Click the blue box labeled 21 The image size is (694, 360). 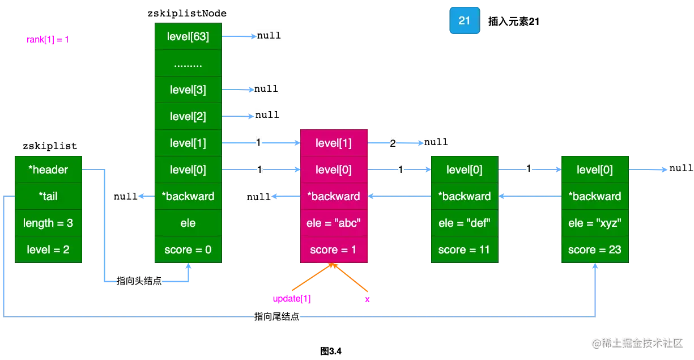464,21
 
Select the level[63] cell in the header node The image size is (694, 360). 188,37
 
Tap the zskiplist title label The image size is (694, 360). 49,146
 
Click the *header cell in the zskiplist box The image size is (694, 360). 49,170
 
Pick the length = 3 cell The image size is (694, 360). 49,223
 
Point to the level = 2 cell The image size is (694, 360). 49,249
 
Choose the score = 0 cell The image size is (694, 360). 188,249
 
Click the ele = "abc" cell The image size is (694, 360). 333,223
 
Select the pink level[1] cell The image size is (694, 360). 333,143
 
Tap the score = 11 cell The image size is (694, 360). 465,249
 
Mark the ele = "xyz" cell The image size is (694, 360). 595,223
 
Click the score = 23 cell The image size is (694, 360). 595,249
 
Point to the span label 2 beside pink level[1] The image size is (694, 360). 393,143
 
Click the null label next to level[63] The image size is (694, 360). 269,35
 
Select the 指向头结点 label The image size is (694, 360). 138,281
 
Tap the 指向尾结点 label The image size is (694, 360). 278,317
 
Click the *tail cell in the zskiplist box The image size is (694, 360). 49,196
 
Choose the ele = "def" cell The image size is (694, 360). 465,223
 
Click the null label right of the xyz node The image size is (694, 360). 680,168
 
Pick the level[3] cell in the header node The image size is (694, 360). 188,90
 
